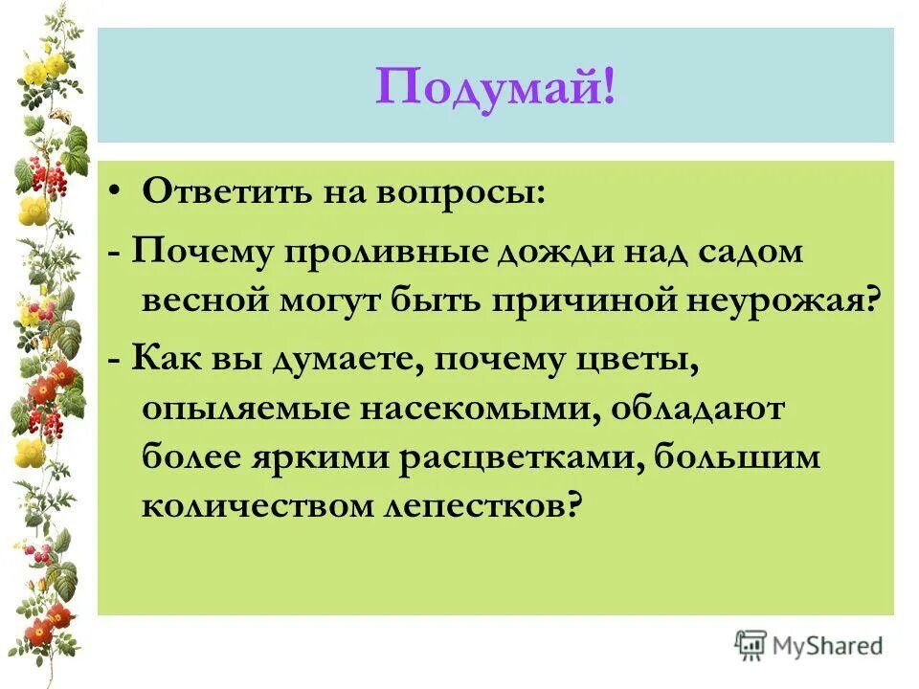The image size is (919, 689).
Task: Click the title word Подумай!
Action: [x=496, y=89]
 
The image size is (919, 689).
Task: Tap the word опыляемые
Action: [x=246, y=409]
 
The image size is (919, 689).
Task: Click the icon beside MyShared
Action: [x=751, y=645]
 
